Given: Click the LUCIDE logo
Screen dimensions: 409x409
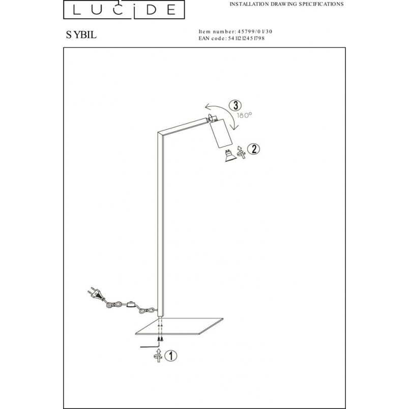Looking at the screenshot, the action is [124, 9].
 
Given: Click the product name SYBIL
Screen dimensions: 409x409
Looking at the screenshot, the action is [81, 35].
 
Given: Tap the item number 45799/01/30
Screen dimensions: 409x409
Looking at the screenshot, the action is [254, 32].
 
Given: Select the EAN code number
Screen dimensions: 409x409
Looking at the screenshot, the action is [246, 38].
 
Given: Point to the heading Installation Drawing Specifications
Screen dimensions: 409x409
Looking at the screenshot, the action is [286, 4].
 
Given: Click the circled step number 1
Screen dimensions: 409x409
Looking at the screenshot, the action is [171, 356].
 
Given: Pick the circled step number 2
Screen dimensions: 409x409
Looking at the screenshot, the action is [253, 149].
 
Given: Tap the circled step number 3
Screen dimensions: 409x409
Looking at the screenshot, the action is [236, 105].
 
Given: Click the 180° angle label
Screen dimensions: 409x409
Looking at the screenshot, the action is [244, 115].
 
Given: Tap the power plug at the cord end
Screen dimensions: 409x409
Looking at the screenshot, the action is [95, 294].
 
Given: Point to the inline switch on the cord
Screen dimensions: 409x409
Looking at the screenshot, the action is [131, 304].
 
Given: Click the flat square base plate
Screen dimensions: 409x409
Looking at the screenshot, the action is [180, 326].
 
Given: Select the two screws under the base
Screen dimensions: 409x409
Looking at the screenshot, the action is [160, 339].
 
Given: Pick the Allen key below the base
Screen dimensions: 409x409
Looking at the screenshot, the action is [150, 346].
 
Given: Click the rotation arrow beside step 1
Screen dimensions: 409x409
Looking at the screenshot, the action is [158, 356].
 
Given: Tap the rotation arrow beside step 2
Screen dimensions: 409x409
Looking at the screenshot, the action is [241, 152].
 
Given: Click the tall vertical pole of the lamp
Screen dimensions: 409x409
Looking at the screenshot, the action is [161, 224].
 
